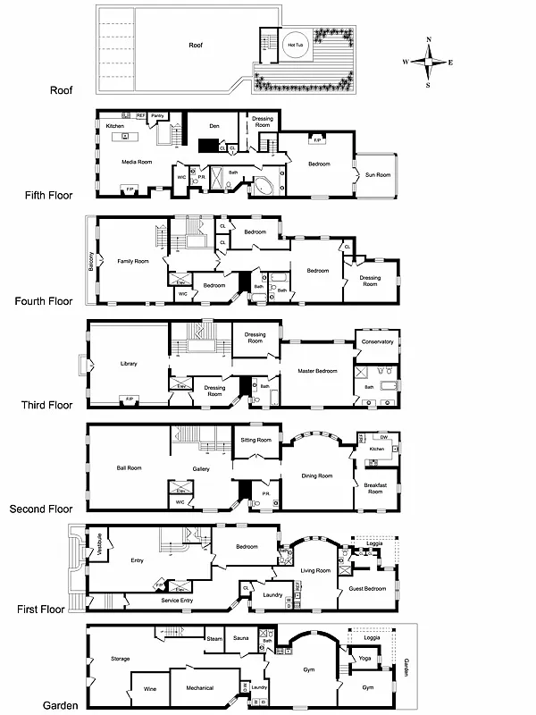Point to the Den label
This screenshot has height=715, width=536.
pos(214,126)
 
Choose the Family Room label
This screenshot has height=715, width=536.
pos(132,261)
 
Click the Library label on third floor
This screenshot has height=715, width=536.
pos(130,363)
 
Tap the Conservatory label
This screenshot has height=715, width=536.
pos(377,341)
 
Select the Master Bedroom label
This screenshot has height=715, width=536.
pos(311,370)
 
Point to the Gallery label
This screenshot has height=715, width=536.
pos(201,468)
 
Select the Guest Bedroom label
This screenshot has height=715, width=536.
pos(367,588)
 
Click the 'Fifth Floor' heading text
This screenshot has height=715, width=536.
pos(50,194)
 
